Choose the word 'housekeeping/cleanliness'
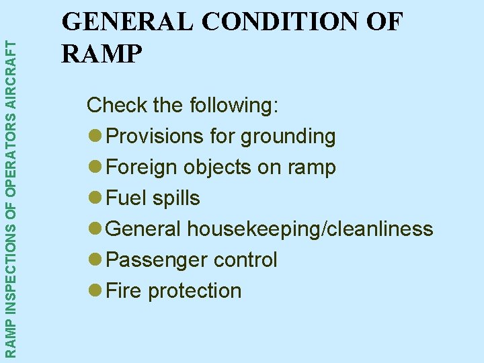tap(310, 230)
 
